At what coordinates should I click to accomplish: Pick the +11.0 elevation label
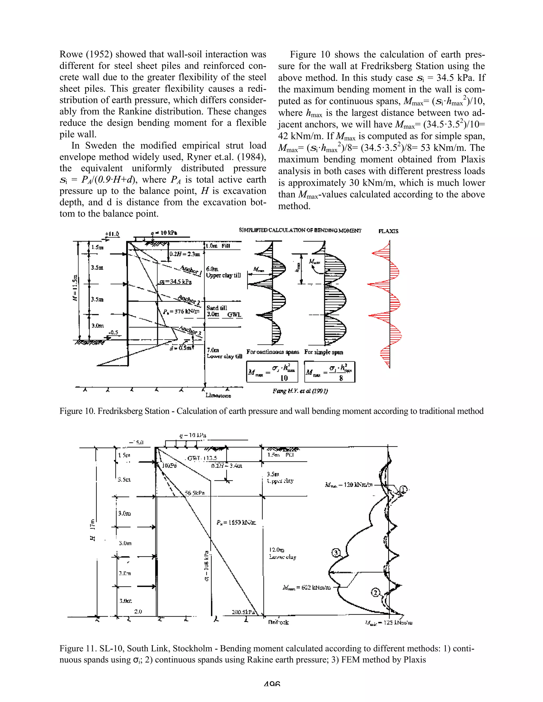[x=112, y=234]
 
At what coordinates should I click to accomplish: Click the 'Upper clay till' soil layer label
[x=223, y=276]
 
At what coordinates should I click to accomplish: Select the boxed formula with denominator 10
[x=272, y=372]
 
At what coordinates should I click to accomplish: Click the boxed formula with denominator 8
[x=329, y=372]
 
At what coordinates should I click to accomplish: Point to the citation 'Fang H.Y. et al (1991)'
[x=300, y=391]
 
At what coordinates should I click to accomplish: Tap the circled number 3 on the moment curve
[x=335, y=553]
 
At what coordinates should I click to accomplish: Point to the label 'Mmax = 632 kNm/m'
[x=306, y=588]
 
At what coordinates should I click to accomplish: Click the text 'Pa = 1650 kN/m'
[x=237, y=523]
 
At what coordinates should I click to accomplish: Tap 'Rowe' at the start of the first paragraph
[x=71, y=54]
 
